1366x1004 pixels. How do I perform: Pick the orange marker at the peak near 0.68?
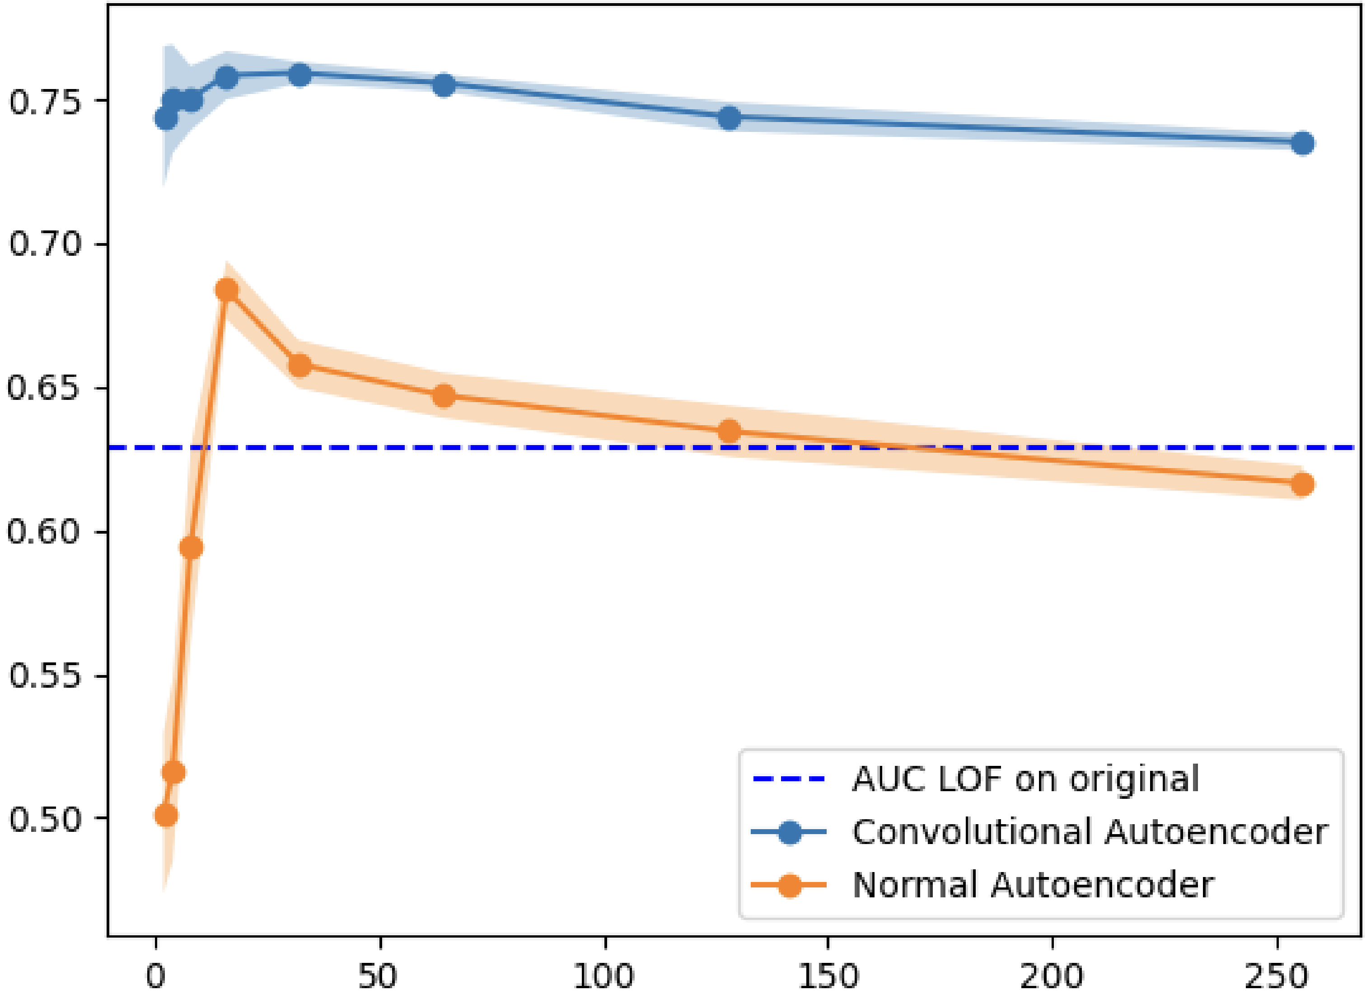pyautogui.click(x=227, y=290)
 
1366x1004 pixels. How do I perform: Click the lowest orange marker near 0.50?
pyautogui.click(x=166, y=815)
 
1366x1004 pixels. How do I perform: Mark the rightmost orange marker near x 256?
pyautogui.click(x=1301, y=484)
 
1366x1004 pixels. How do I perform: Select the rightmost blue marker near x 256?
pyautogui.click(x=1301, y=143)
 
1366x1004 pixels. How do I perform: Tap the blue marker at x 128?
pyautogui.click(x=729, y=118)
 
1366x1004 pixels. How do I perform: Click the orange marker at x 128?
pyautogui.click(x=729, y=432)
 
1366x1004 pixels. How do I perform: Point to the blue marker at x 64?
pyautogui.click(x=444, y=85)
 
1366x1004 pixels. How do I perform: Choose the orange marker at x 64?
pyautogui.click(x=444, y=396)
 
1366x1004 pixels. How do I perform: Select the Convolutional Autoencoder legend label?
pyautogui.click(x=1090, y=832)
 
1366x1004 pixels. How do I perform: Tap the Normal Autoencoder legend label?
pyautogui.click(x=1033, y=885)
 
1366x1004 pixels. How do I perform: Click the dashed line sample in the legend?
pyautogui.click(x=789, y=779)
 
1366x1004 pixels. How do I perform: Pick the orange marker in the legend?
pyautogui.click(x=789, y=885)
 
